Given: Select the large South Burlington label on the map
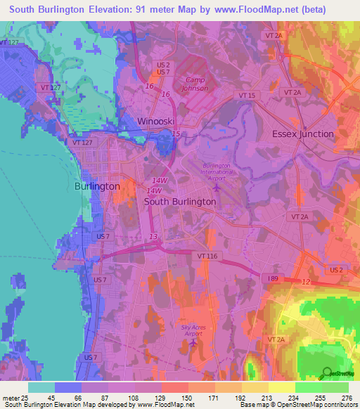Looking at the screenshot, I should pyautogui.click(x=179, y=201).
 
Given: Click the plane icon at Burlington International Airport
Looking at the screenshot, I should pyautogui.click(x=216, y=187).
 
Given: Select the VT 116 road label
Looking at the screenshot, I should pyautogui.click(x=207, y=256).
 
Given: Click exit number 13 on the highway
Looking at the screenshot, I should pyautogui.click(x=153, y=237).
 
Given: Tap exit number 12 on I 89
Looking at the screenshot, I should pyautogui.click(x=305, y=281).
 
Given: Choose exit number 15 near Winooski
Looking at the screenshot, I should pyautogui.click(x=176, y=134).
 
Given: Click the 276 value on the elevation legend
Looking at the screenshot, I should pyautogui.click(x=347, y=398).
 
